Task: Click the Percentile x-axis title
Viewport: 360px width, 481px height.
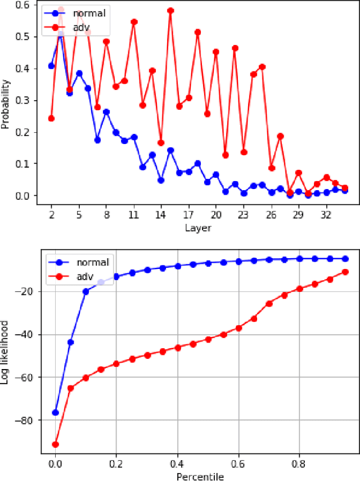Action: (x=201, y=476)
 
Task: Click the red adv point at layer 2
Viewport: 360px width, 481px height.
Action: (x=52, y=118)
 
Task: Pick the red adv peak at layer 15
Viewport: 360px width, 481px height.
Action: (x=170, y=11)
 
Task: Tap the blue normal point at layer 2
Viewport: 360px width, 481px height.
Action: (x=52, y=66)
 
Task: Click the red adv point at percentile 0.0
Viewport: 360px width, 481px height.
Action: (x=55, y=444)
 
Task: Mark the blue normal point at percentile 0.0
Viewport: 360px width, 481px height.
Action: (x=55, y=412)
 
